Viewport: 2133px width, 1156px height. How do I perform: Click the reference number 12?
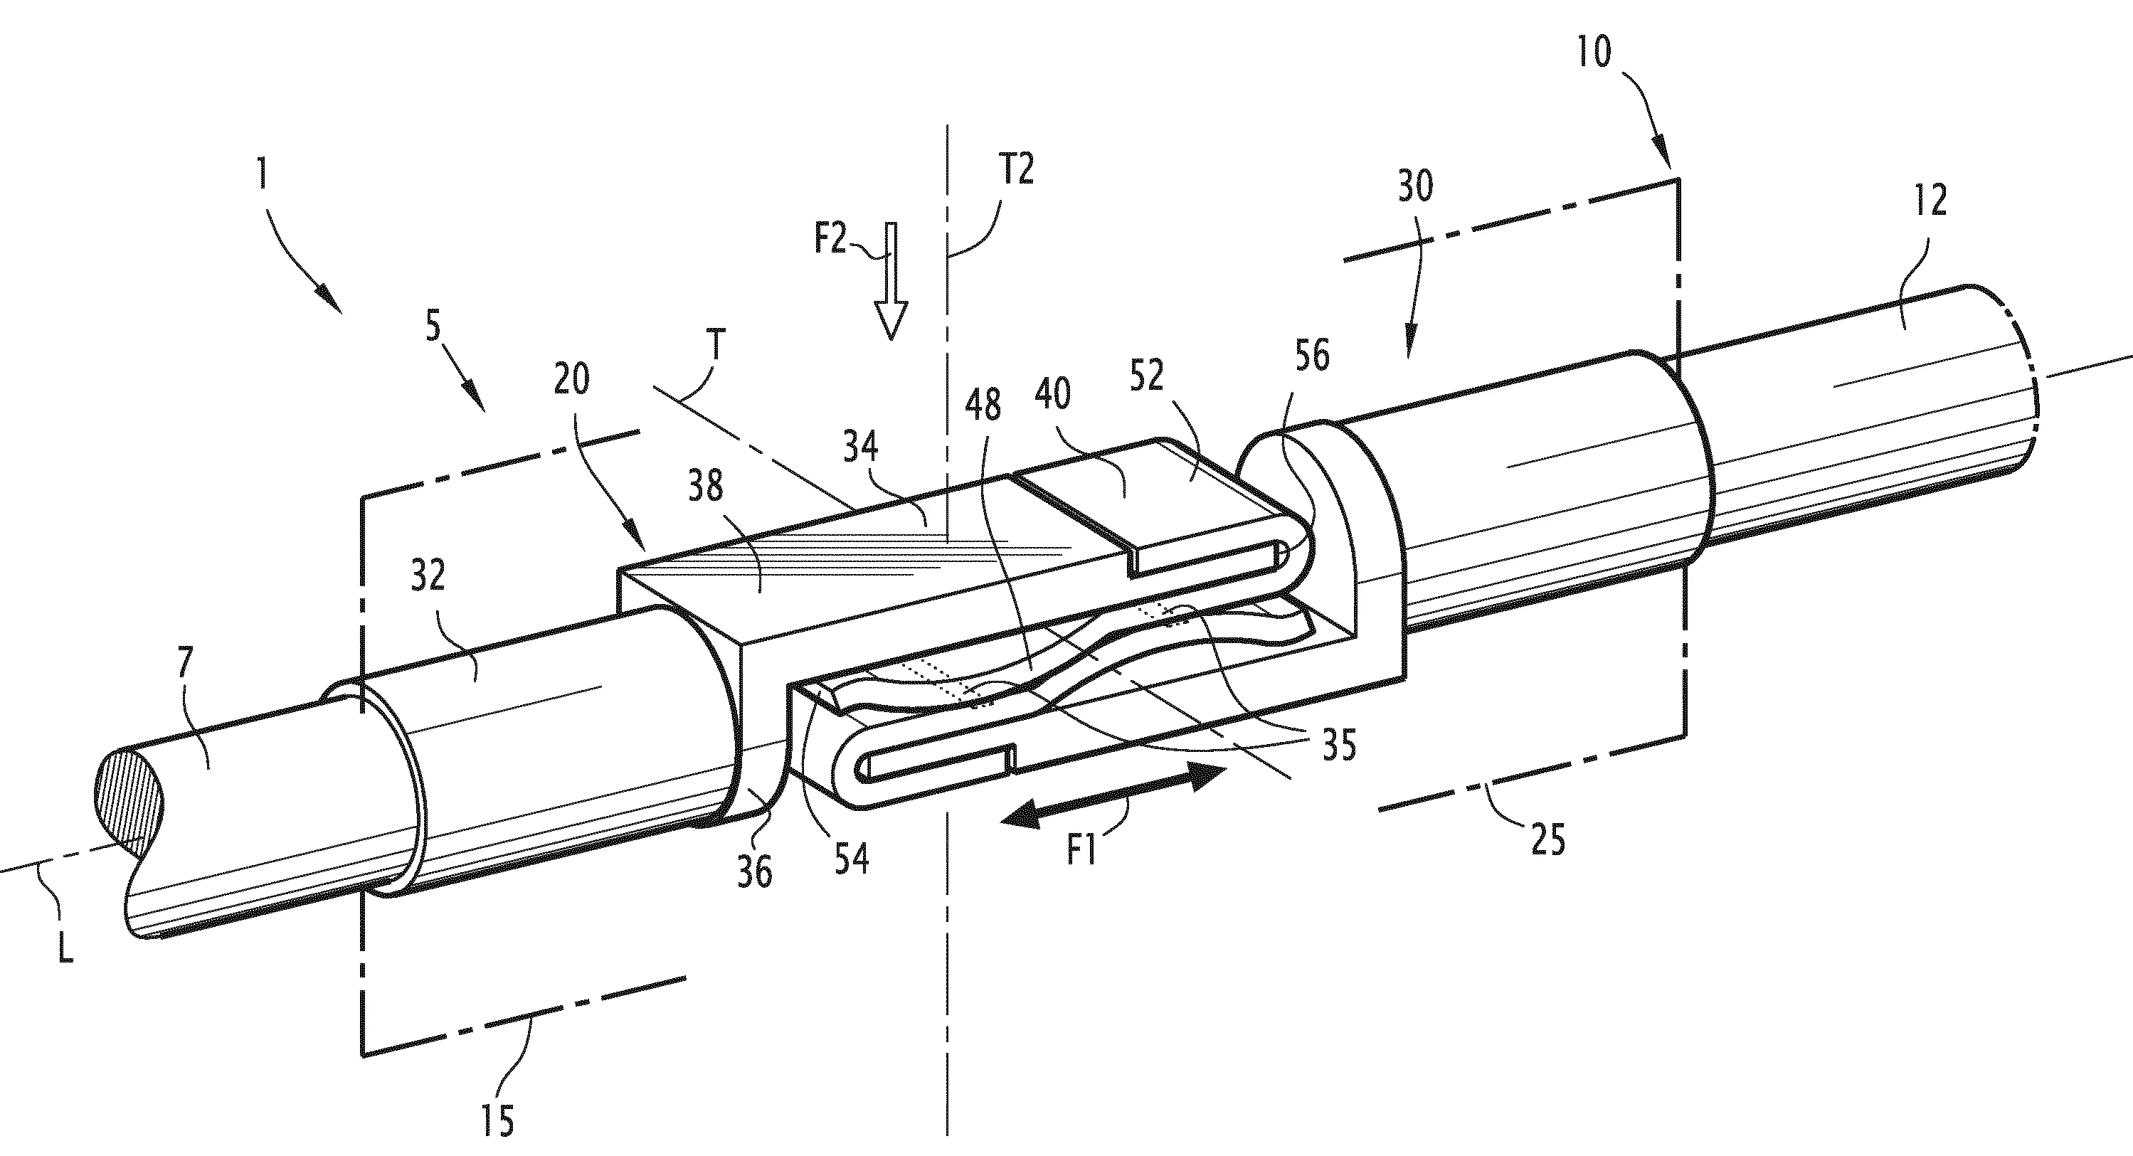click(x=1930, y=201)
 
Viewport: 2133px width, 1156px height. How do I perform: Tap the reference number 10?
click(x=1593, y=51)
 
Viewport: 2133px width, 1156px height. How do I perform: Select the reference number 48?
click(x=983, y=405)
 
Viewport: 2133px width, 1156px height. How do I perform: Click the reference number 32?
click(x=428, y=575)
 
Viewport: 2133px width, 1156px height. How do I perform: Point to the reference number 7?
click(x=186, y=663)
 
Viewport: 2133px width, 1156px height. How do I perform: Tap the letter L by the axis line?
click(x=65, y=948)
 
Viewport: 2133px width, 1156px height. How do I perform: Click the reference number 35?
click(x=1339, y=746)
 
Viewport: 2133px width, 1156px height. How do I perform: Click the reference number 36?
click(x=754, y=871)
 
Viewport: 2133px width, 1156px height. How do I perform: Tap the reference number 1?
click(x=263, y=176)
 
